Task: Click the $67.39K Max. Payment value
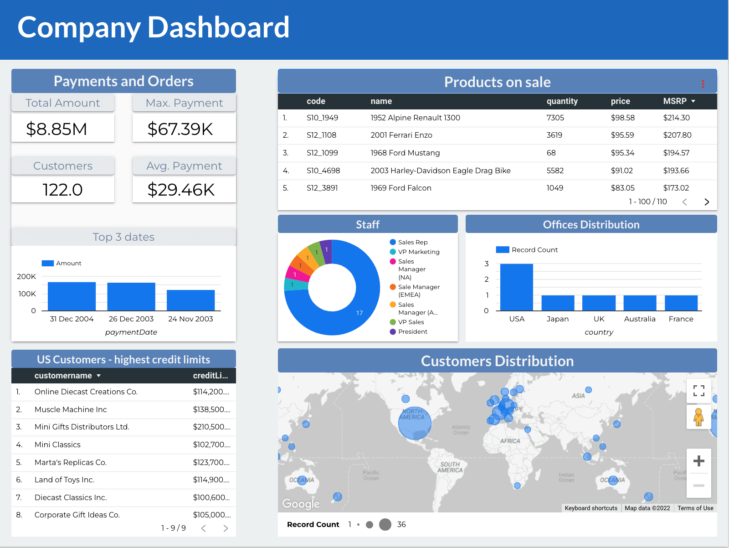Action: click(x=180, y=129)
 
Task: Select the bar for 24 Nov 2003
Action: click(x=190, y=300)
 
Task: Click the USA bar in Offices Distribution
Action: click(x=516, y=287)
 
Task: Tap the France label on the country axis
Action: click(x=681, y=319)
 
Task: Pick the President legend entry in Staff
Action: click(x=412, y=331)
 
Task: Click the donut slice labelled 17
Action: click(x=346, y=315)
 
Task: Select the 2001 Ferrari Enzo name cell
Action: click(x=401, y=135)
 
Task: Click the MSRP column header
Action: click(x=675, y=101)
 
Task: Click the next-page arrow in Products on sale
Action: click(x=707, y=202)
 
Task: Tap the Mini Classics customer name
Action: click(x=57, y=445)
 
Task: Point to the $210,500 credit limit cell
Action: click(x=211, y=427)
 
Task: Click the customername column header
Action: click(x=63, y=376)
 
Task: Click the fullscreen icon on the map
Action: click(x=698, y=390)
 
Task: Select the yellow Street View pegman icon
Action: click(x=698, y=417)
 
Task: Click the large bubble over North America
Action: click(x=415, y=423)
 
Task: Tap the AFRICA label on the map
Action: click(x=510, y=441)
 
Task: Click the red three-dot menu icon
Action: click(x=703, y=83)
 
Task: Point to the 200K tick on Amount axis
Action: click(x=26, y=276)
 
